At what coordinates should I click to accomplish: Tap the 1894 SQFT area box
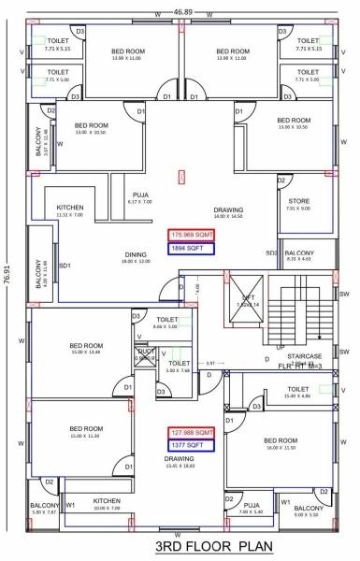click(x=191, y=249)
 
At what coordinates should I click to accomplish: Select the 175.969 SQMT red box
click(x=191, y=235)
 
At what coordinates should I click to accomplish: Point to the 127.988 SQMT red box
click(x=191, y=433)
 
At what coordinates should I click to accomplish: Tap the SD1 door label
click(x=65, y=266)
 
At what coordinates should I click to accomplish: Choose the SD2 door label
click(x=270, y=252)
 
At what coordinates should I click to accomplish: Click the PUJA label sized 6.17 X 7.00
click(x=141, y=195)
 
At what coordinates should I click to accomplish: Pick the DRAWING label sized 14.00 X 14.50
click(x=228, y=210)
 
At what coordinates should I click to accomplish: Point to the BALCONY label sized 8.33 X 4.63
click(x=299, y=253)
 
